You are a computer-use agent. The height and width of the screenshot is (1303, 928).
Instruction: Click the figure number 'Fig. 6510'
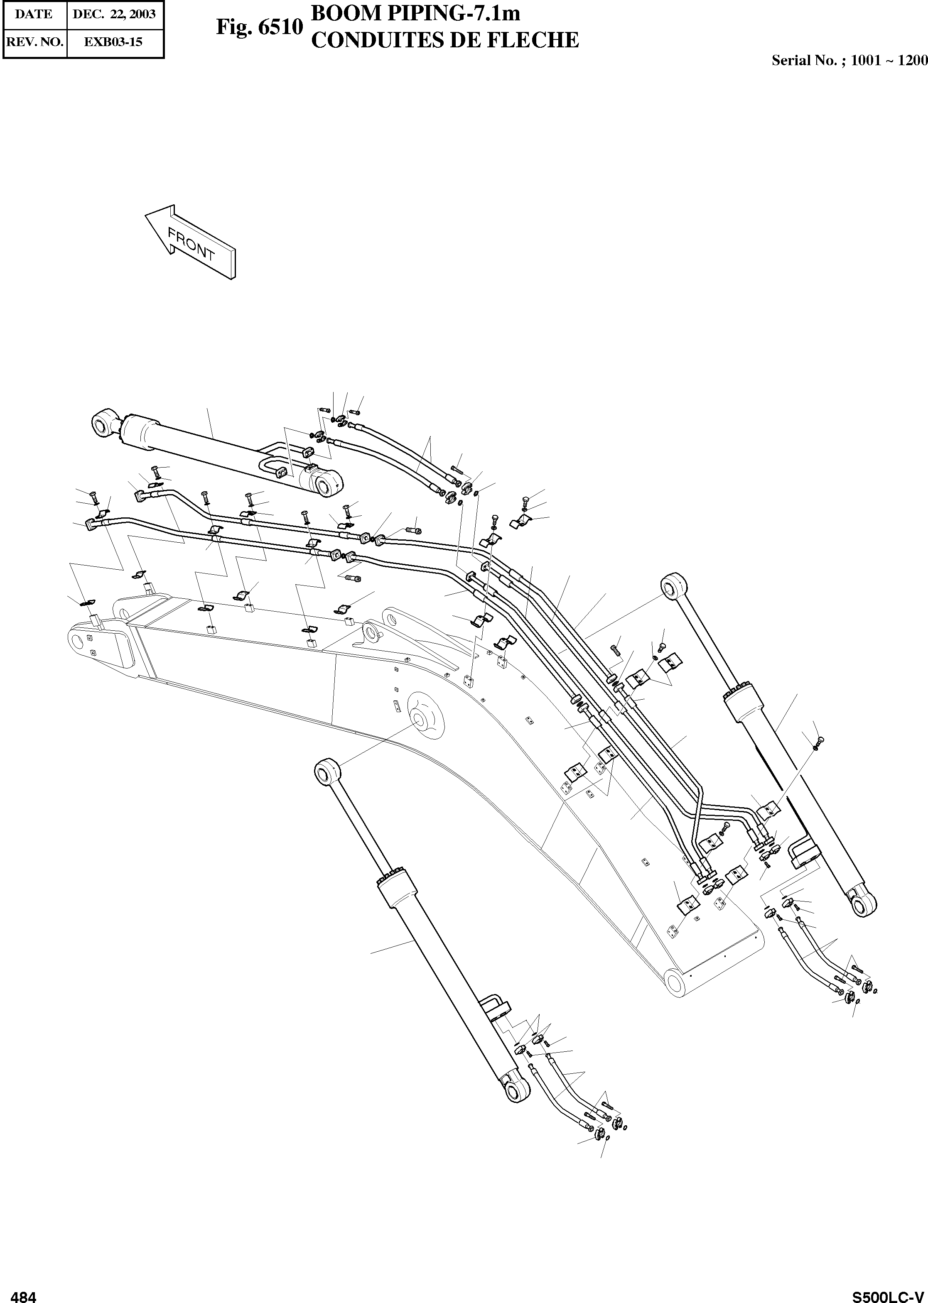tap(259, 27)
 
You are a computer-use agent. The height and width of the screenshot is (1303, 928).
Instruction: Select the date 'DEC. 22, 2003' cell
tap(114, 14)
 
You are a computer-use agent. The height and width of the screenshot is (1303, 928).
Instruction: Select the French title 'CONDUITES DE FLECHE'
tap(444, 40)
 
